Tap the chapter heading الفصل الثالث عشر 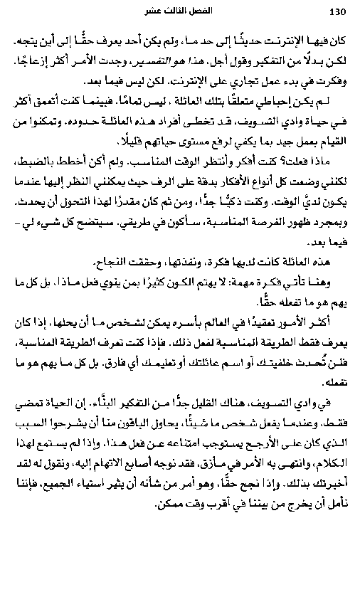click(x=181, y=12)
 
